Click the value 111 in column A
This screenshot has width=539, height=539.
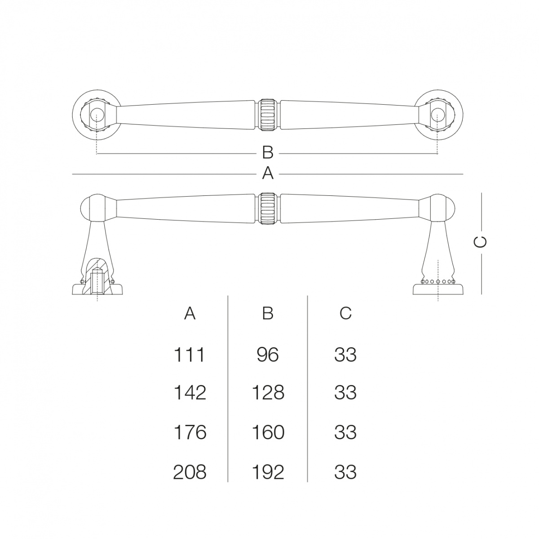point(190,355)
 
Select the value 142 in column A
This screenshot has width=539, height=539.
point(190,393)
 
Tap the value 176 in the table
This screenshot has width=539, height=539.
point(190,433)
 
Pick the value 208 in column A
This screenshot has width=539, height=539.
point(190,472)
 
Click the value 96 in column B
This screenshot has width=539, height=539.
point(268,355)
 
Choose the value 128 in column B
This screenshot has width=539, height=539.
point(268,393)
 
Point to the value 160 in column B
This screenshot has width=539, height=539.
point(268,433)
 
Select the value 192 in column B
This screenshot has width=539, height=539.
point(268,472)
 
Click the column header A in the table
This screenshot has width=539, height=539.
point(190,313)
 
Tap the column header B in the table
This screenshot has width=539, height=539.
point(268,313)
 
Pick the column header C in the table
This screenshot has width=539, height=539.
point(345,313)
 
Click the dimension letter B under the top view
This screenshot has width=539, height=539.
point(268,153)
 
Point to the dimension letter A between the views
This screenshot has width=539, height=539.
point(268,174)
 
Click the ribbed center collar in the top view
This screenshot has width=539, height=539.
point(268,115)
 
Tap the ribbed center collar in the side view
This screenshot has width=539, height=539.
point(268,209)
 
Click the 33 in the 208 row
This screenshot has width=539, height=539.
point(345,472)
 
